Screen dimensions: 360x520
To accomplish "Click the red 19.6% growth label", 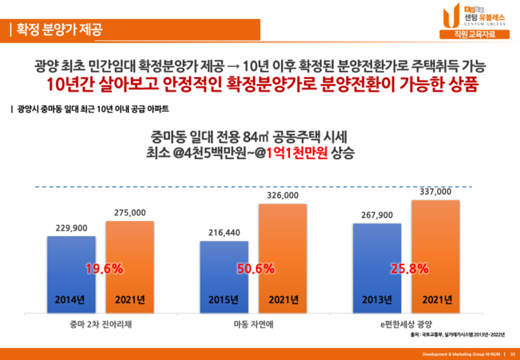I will coord(104,269).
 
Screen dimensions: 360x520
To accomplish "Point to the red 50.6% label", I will coord(256,269).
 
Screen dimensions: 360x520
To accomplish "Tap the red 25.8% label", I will coord(409,269).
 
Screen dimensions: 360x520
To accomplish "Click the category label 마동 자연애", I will coord(253,325).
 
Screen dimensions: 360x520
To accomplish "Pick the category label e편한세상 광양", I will coord(406,325).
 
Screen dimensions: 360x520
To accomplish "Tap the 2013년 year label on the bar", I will coord(377,300).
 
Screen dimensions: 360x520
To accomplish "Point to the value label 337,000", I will coord(435,192).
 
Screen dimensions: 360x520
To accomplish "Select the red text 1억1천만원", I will coord(298,152).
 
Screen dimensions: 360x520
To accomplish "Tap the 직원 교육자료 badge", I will coord(467,35).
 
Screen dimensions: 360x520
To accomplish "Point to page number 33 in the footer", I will coord(512,354).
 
